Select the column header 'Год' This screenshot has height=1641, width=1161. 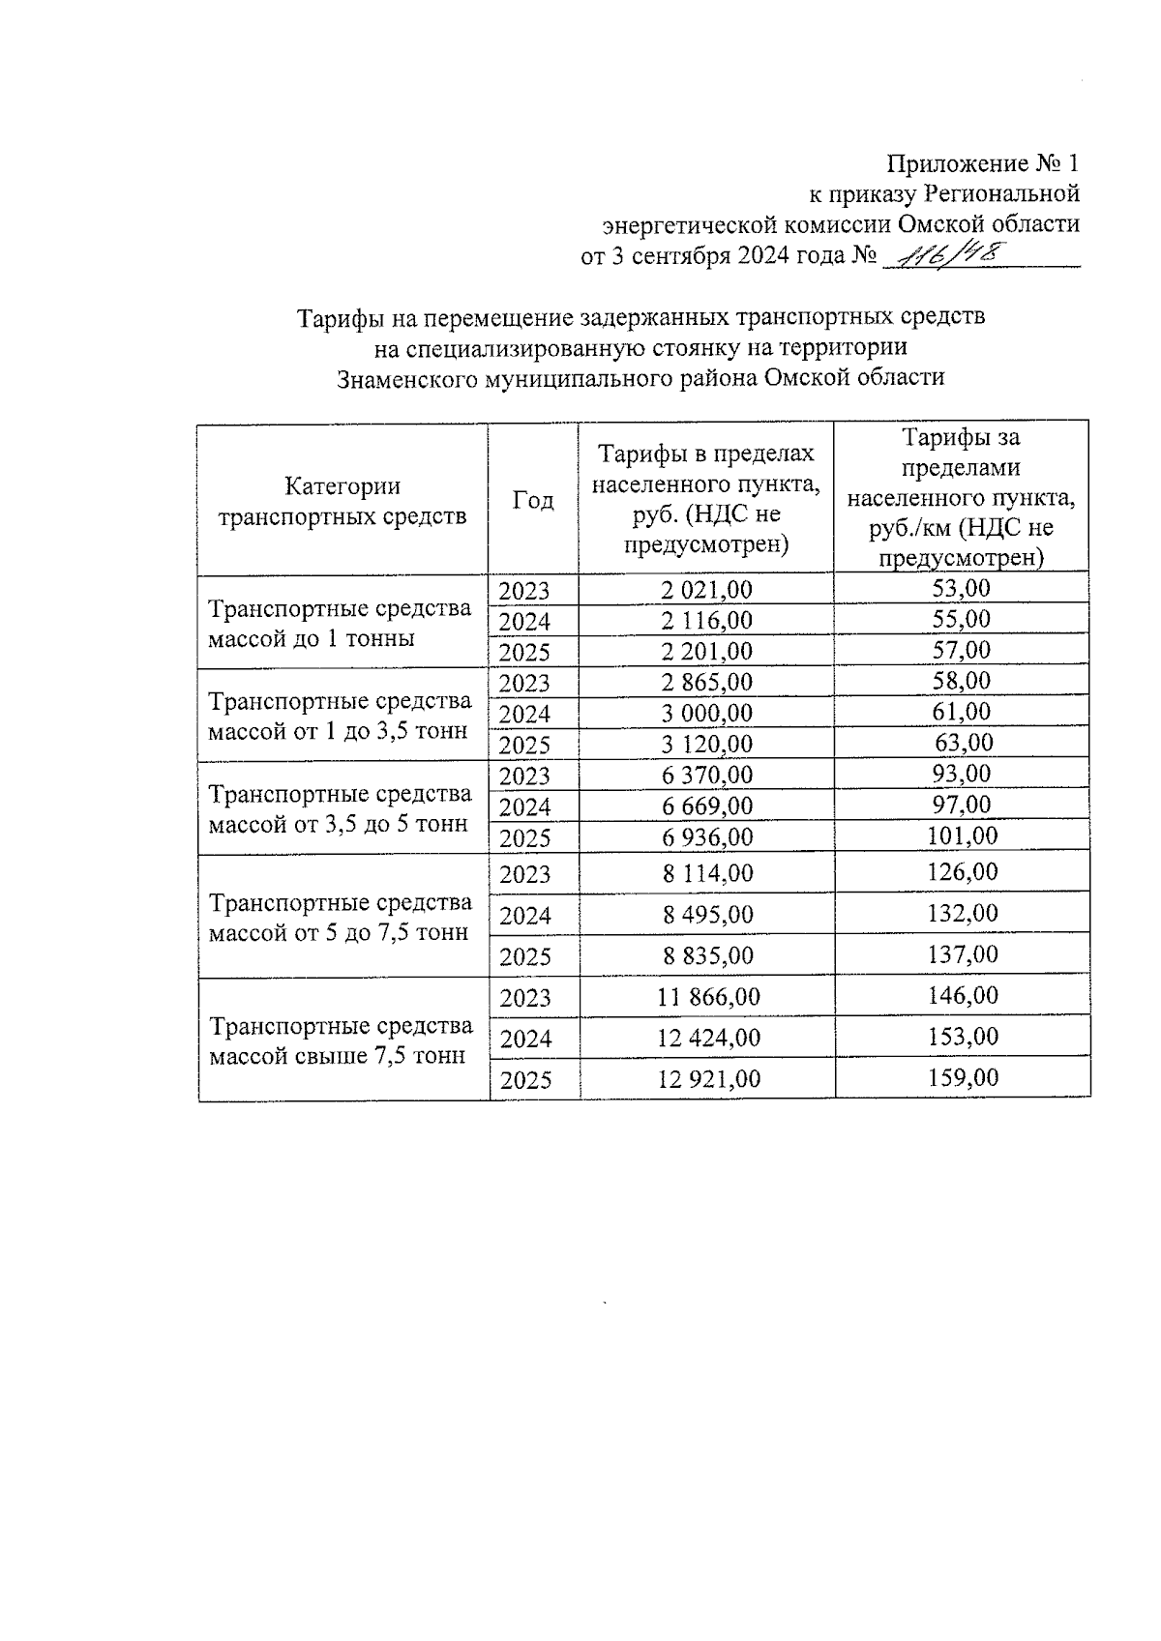(x=533, y=500)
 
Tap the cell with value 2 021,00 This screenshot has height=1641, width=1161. (x=706, y=590)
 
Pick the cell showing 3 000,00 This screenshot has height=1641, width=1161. (x=706, y=714)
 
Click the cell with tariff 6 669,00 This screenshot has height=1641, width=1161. (x=706, y=806)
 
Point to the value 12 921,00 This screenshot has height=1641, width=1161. (x=708, y=1079)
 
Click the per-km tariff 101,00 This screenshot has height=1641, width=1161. (x=962, y=835)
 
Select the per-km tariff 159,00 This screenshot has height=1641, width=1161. (x=963, y=1077)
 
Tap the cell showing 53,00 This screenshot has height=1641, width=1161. (x=962, y=588)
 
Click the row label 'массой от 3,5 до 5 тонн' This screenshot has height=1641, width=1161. (x=338, y=825)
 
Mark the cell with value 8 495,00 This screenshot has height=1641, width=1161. (x=707, y=915)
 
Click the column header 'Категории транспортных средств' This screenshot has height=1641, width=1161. (x=342, y=501)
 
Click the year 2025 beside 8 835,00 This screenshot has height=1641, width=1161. (x=525, y=956)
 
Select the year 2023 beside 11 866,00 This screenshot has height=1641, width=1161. (x=525, y=998)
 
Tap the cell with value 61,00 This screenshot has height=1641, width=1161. (x=962, y=712)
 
